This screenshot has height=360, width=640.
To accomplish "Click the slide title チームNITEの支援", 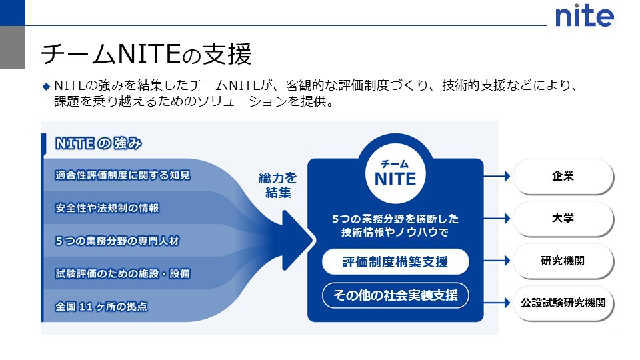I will [146, 53].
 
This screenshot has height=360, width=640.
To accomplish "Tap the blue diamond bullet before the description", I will [46, 86].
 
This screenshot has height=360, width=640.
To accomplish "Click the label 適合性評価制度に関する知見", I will [123, 175].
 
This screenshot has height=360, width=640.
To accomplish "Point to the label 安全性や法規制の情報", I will [107, 208].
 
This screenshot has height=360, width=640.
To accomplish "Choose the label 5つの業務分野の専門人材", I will [117, 241].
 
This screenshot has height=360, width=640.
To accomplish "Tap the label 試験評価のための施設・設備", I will [123, 273].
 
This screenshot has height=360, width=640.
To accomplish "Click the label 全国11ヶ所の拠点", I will [101, 307].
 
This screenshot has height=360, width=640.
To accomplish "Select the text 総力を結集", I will [278, 185].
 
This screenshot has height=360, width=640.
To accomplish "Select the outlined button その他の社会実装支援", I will [395, 295].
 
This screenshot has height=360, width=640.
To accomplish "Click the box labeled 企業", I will [563, 177].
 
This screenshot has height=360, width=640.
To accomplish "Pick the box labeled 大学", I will [563, 218].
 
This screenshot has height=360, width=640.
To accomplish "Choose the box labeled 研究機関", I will [563, 261].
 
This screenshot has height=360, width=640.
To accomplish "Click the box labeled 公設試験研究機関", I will [563, 302].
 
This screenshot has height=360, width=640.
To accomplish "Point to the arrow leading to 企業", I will [497, 177].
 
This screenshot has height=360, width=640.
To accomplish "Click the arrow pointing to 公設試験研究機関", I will [497, 302].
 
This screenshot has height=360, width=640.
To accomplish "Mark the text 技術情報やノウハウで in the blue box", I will [395, 233].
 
